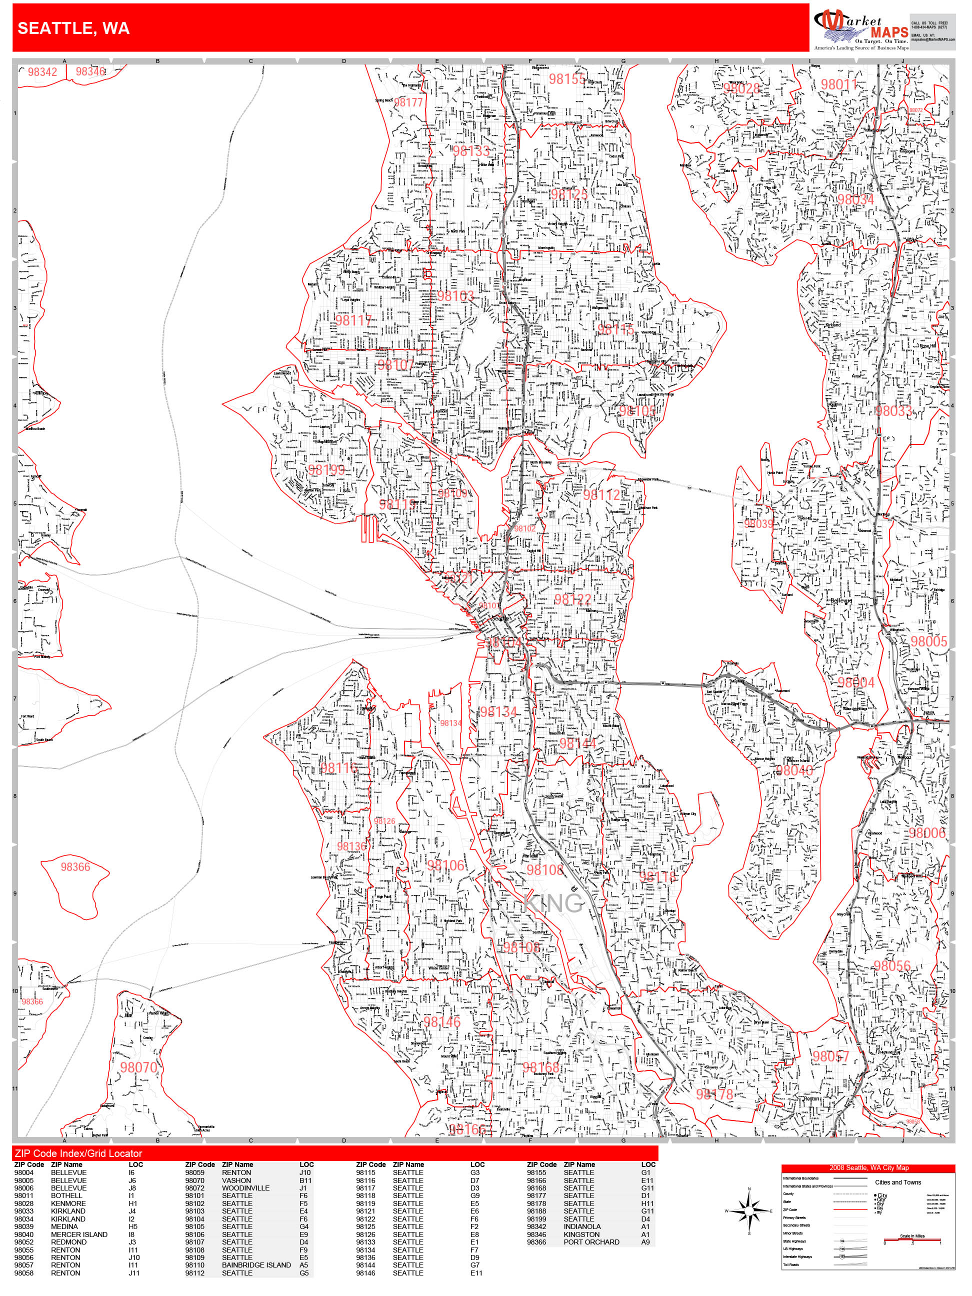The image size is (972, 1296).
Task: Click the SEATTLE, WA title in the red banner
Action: point(74,28)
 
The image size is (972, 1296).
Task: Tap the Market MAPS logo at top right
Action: point(859,28)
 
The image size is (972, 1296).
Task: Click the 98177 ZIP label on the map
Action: point(408,102)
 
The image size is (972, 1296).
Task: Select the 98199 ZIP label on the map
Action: point(326,470)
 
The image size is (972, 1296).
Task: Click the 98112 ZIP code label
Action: point(601,495)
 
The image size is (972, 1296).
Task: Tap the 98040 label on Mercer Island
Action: point(794,770)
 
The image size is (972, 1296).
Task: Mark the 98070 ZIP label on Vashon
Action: point(139,1067)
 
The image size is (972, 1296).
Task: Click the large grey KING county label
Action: point(553,903)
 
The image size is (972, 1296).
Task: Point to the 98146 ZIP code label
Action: point(442,1022)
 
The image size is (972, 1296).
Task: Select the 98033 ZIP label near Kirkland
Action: point(893,410)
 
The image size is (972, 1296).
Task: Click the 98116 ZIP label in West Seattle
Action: point(338,768)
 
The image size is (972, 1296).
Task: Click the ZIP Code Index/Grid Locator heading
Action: point(78,1153)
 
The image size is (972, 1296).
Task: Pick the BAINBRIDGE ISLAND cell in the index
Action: point(256,1264)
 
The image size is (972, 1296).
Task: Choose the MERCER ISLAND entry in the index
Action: point(79,1234)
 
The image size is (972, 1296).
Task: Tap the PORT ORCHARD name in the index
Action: point(590,1241)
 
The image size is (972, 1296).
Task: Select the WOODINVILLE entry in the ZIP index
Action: point(245,1187)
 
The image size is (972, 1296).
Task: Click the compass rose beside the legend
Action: point(749,1210)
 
